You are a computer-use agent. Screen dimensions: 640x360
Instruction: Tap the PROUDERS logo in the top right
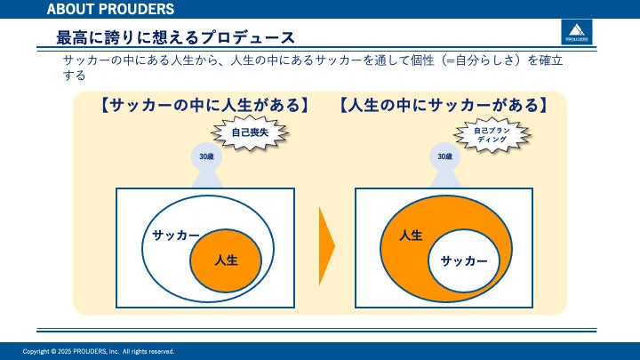coord(574,34)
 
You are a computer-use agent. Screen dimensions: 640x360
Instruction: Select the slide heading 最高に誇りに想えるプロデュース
coord(175,37)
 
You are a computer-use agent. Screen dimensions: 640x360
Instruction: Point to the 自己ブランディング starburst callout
coord(491,135)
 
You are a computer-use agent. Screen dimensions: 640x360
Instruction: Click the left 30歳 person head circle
coord(206,157)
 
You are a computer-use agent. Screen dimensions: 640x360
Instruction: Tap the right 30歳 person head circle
coord(444,157)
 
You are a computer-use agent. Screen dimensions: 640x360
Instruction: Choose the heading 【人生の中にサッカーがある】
coord(442,106)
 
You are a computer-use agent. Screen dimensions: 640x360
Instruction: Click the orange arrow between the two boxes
coord(327,245)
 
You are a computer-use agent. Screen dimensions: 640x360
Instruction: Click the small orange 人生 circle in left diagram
coord(226,260)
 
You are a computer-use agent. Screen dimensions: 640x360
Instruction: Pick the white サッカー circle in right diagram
coord(464,260)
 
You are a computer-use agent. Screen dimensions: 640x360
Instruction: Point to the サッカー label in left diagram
coord(175,235)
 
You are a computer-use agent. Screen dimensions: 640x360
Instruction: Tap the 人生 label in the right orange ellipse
coord(411,236)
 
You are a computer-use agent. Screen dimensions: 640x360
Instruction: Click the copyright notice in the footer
coord(99,351)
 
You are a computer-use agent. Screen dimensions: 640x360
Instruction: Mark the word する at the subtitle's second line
coord(74,76)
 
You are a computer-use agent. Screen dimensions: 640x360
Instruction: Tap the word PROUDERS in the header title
coord(135,10)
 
